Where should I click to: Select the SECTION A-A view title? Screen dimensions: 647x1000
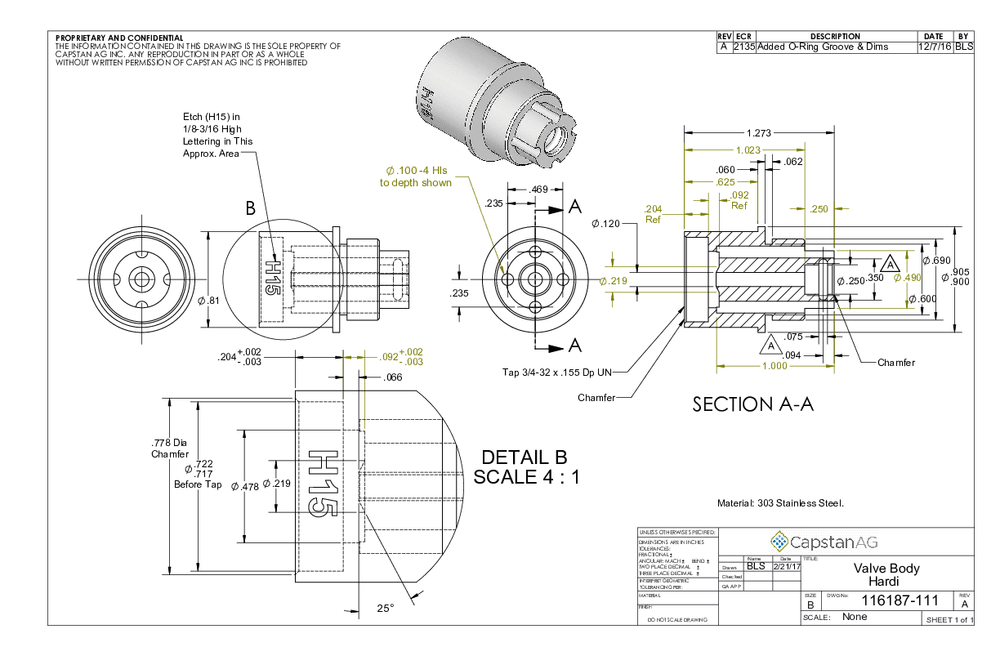click(x=752, y=404)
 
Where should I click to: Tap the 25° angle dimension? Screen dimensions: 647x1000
click(x=385, y=609)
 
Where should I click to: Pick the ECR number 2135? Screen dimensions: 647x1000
click(x=744, y=47)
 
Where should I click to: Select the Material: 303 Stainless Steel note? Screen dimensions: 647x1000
click(x=780, y=503)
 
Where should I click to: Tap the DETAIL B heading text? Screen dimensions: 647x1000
click(x=524, y=457)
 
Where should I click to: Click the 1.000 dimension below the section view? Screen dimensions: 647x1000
click(x=774, y=366)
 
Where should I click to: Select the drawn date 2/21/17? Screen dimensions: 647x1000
click(x=785, y=565)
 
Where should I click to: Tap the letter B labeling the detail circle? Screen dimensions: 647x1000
click(x=251, y=209)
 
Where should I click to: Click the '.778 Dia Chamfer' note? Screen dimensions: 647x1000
click(x=170, y=448)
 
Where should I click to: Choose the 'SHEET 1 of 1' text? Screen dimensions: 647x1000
click(x=948, y=620)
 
